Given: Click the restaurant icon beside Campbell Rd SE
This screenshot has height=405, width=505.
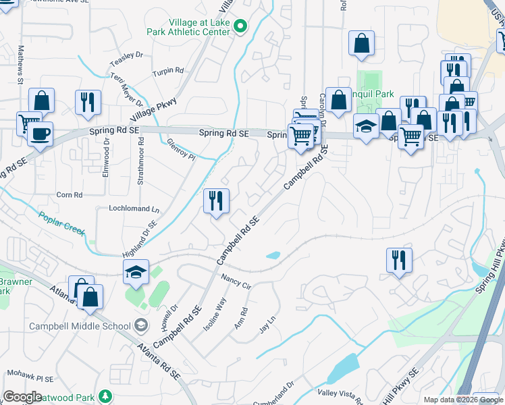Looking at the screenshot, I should point(216,200).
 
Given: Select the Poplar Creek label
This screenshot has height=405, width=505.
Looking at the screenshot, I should point(61,223).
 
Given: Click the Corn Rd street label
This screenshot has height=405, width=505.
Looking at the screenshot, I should point(69,194).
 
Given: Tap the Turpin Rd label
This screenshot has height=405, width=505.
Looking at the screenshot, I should point(168,71).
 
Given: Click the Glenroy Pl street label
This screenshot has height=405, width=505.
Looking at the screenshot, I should point(181,149).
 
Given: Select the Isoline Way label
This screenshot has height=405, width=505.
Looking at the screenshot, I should point(215,314).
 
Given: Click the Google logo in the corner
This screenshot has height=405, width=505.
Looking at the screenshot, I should point(22,397).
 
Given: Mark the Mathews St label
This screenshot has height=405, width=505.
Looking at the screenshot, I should point(20,64).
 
